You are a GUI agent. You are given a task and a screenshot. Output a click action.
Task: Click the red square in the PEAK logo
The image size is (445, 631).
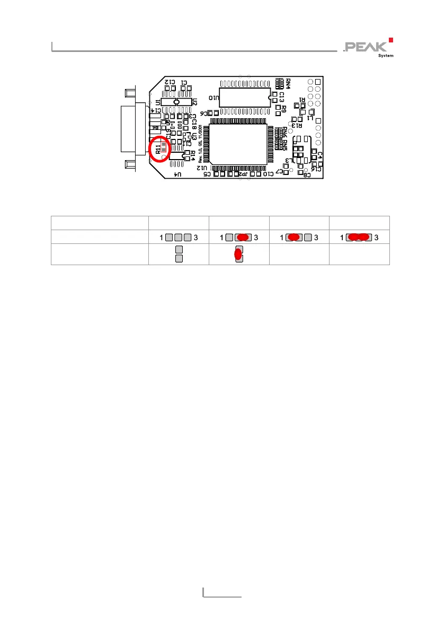(390, 39)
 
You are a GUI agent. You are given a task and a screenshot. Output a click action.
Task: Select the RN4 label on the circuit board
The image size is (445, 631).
(288, 84)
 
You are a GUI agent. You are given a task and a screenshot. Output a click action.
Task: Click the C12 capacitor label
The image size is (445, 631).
(170, 82)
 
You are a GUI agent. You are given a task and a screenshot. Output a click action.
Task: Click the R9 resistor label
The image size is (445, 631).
(284, 108)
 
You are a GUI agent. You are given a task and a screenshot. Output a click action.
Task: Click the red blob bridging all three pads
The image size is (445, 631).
(359, 238)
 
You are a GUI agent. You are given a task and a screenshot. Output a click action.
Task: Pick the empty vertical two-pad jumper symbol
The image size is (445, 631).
(179, 253)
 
